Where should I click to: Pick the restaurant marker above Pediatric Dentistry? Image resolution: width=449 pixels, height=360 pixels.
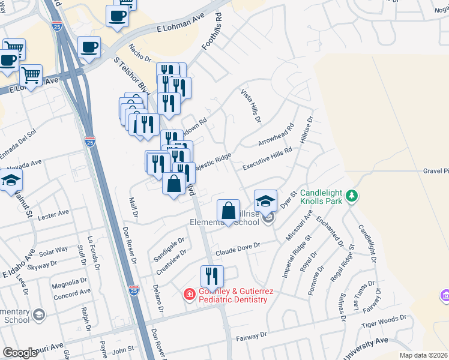[x=212, y=276]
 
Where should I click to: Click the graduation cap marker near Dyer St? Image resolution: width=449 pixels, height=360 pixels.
[x=266, y=200]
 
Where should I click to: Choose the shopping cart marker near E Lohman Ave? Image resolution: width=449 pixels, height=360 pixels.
[x=31, y=75]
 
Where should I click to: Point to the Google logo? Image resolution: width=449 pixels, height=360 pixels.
[x=20, y=353]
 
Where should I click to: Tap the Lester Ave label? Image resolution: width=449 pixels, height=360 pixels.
[x=53, y=214]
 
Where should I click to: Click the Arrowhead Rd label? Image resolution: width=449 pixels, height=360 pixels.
[x=276, y=136]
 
